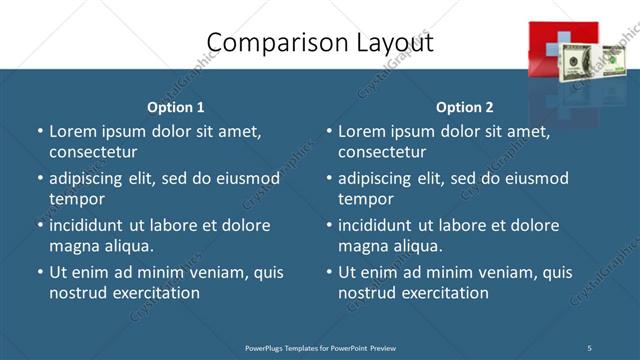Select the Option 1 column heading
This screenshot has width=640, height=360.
click(x=176, y=107)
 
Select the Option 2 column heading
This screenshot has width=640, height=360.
click(x=465, y=107)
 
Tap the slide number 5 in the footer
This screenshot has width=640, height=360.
click(x=589, y=347)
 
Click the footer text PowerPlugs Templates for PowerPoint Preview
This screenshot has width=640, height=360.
click(x=320, y=347)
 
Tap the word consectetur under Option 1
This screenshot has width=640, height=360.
click(x=93, y=152)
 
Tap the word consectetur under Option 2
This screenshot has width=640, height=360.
click(x=382, y=152)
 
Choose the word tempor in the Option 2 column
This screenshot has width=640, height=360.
click(x=366, y=200)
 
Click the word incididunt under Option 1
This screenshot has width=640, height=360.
click(x=90, y=225)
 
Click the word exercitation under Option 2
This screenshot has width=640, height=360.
click(x=444, y=293)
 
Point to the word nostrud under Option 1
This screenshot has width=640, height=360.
click(x=76, y=293)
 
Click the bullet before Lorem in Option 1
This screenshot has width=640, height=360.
click(x=40, y=131)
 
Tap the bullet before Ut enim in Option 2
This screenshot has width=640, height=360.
click(x=329, y=272)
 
